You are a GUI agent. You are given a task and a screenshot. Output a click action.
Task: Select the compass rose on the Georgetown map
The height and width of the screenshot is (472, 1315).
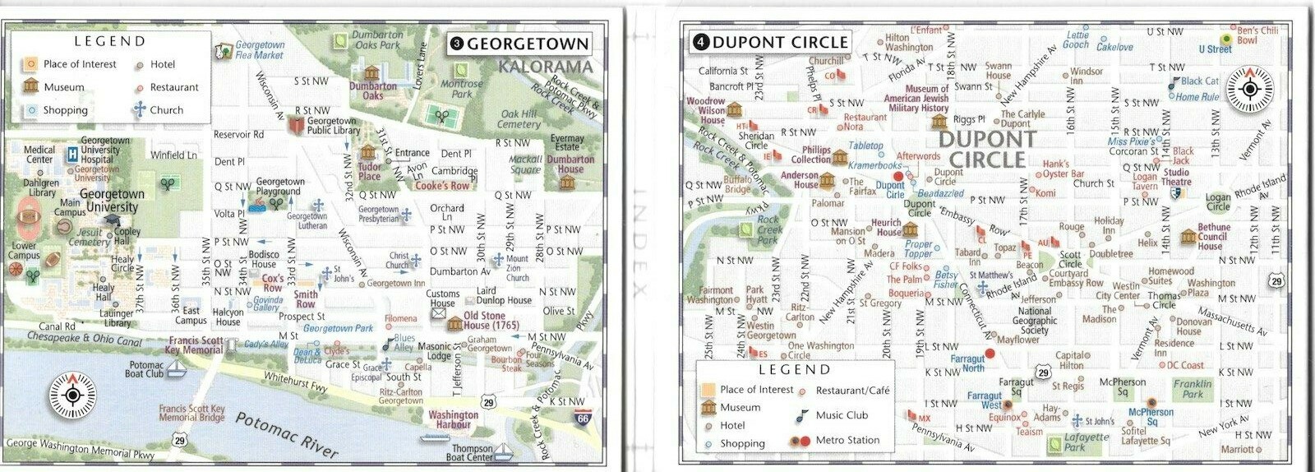(x=72, y=396)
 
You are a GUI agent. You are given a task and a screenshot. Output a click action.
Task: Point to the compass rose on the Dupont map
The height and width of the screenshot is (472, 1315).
(x=1250, y=90)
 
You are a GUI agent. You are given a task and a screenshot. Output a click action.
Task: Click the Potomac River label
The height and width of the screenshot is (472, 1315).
(x=286, y=435)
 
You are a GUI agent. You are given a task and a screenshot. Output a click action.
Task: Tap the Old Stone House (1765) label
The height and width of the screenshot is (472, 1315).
(x=491, y=321)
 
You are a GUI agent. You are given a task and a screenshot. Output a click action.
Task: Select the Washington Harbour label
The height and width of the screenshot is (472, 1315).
(x=453, y=419)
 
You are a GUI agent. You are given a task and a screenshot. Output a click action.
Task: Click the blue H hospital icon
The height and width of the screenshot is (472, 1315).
(x=72, y=152)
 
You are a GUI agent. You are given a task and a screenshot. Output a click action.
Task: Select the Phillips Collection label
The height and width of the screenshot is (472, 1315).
(x=810, y=155)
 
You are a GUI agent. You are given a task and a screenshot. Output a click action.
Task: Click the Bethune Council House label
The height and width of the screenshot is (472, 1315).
(x=1213, y=236)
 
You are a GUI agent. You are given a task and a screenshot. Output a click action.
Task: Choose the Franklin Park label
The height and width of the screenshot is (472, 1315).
(x=1192, y=389)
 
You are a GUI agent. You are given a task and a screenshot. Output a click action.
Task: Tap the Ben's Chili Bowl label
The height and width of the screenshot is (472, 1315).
(x=1257, y=35)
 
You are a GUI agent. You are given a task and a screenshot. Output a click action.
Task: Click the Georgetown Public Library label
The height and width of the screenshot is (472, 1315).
(x=333, y=125)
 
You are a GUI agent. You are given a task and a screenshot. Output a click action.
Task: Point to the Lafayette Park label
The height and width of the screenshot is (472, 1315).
(x=1086, y=442)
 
